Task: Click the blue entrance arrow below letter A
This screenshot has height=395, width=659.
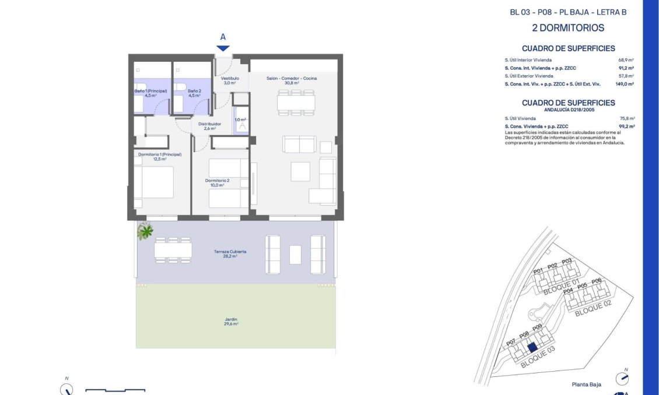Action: click(223, 48)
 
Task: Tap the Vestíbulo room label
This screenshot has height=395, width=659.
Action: click(229, 80)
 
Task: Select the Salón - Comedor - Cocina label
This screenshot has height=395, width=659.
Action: click(291, 80)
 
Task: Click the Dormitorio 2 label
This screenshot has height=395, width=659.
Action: click(217, 182)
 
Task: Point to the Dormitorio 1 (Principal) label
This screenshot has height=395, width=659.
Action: click(160, 156)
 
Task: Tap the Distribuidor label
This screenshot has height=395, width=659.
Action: click(209, 126)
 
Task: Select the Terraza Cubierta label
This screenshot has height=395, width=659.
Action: click(229, 253)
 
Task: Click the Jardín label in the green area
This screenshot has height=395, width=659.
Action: click(231, 321)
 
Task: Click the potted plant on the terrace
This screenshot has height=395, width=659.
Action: click(145, 232)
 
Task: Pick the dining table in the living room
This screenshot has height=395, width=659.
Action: click(296, 103)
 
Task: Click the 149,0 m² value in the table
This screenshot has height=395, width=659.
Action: click(624, 84)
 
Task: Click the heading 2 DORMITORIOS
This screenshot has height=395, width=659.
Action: click(568, 28)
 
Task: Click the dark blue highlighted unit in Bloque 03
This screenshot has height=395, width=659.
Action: click(531, 348)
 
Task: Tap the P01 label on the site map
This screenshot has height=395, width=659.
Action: click(538, 270)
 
